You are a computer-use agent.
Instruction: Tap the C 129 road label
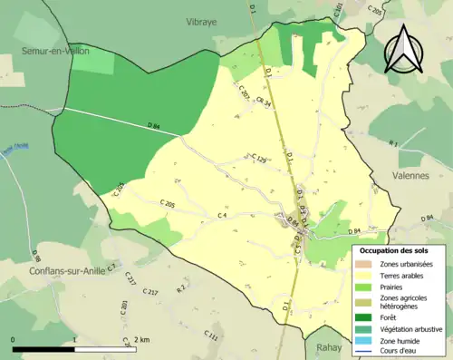(x=257, y=160)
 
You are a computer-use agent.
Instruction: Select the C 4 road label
(x=222, y=216)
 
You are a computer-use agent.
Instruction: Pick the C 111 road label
(x=212, y=336)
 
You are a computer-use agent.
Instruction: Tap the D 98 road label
(x=36, y=258)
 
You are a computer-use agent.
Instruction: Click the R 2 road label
(x=181, y=288)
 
